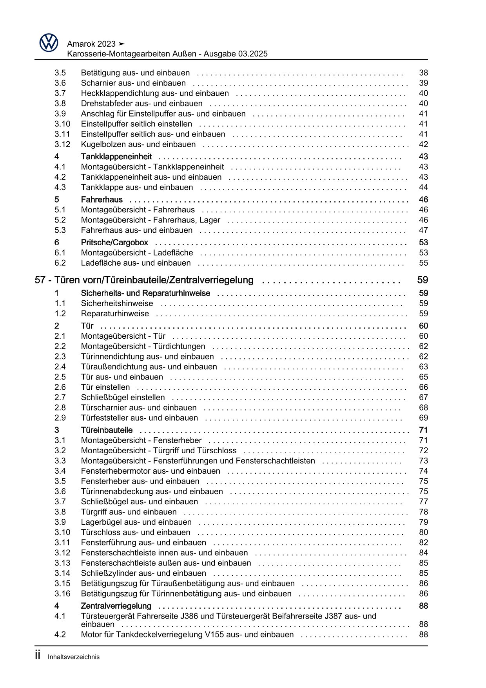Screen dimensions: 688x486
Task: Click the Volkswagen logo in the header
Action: [49, 42]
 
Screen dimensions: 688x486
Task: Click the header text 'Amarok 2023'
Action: [91, 44]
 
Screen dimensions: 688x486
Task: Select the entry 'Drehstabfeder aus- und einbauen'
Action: [141, 104]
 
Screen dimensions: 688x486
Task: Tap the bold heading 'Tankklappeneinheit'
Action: [116, 157]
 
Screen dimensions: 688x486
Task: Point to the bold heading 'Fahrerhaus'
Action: [102, 200]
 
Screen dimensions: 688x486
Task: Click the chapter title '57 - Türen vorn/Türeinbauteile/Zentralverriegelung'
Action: [144, 280]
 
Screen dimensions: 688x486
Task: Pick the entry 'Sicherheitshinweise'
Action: [117, 303]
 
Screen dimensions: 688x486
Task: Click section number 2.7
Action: [60, 398]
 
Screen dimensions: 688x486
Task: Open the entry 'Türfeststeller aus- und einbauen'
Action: [139, 418]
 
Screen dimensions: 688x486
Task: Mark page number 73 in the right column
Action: [423, 461]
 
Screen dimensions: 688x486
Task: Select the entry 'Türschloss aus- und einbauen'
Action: [135, 533]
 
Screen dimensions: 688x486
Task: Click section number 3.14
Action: [62, 573]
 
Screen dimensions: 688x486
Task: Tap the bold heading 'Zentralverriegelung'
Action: [116, 606]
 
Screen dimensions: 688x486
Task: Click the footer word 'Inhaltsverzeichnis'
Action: [74, 657]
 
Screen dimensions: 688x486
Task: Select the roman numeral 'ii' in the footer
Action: [38, 656]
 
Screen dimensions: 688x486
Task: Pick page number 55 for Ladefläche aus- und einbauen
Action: [423, 263]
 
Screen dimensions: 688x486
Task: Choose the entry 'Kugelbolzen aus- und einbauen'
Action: [138, 144]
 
